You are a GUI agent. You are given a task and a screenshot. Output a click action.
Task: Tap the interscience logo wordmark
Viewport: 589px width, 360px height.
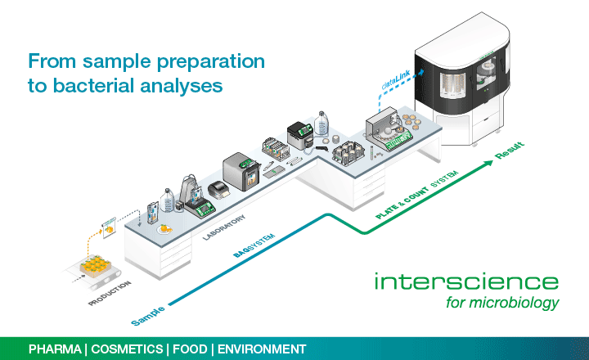click(x=466, y=281)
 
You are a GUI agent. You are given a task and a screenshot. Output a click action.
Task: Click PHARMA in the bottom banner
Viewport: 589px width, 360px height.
click(x=56, y=349)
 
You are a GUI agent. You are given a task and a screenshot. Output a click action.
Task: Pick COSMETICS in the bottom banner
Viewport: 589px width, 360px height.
click(x=127, y=349)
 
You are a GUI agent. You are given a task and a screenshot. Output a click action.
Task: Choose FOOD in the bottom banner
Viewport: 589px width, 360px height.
click(x=191, y=349)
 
